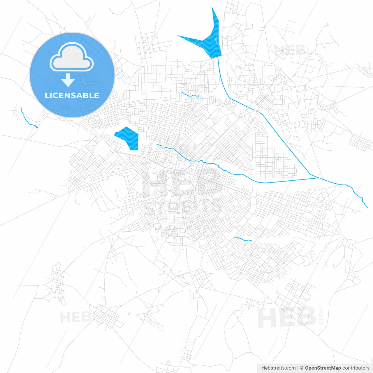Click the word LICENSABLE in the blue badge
[72, 95]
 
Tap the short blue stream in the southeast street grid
[243, 239]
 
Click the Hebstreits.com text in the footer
[278, 368]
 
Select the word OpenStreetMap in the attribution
[323, 368]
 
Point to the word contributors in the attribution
[356, 368]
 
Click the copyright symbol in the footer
[302, 368]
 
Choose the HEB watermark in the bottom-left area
[75, 317]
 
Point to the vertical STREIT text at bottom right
[321, 315]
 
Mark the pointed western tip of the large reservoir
[178, 36]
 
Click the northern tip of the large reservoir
[212, 8]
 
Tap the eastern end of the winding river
[367, 207]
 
